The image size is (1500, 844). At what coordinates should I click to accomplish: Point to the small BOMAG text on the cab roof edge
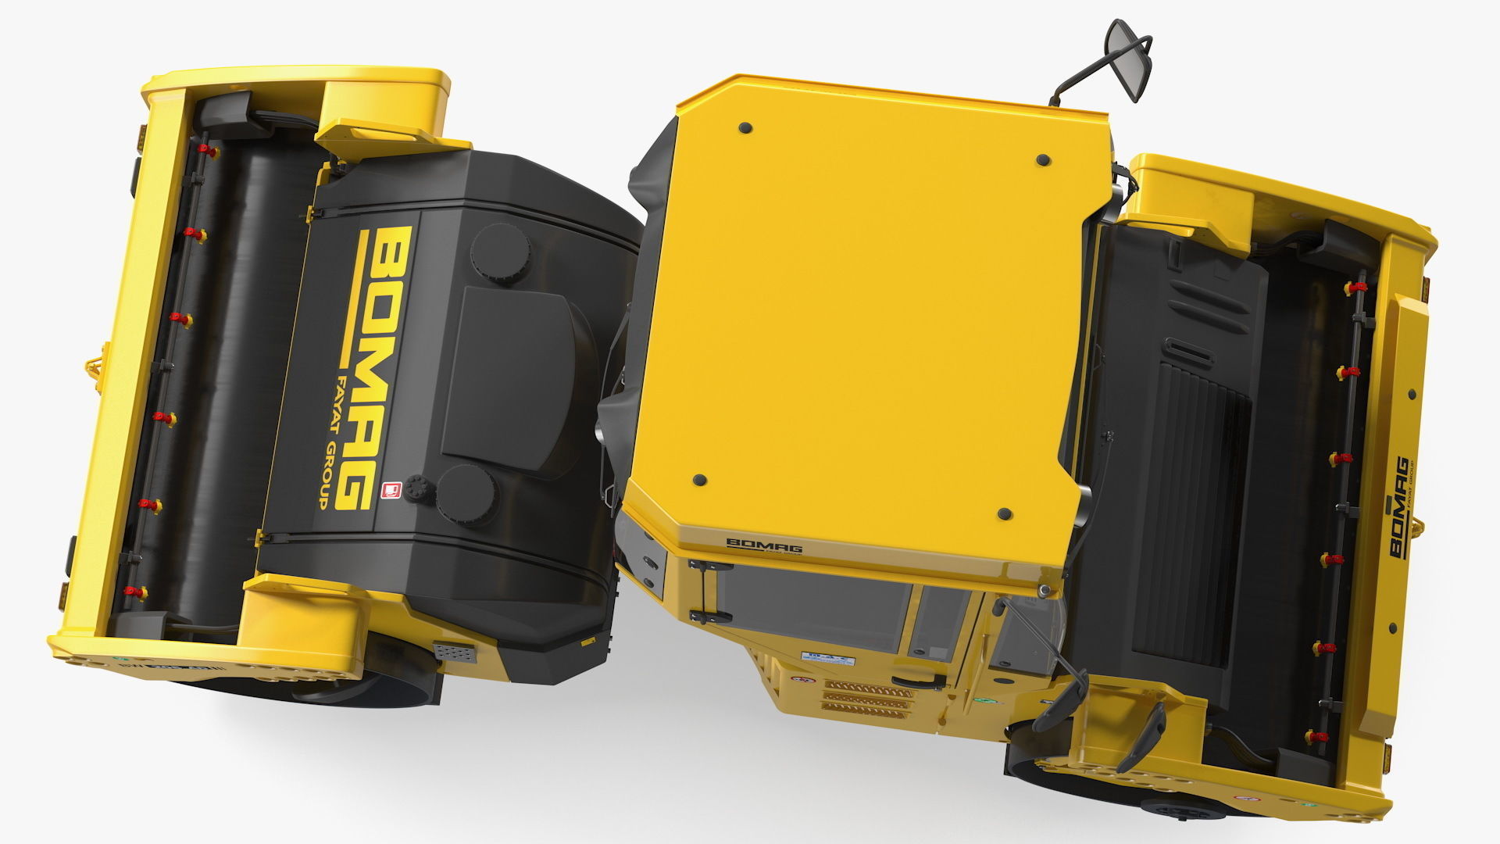coord(764,545)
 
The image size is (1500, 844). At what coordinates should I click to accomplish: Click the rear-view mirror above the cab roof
coord(1129,59)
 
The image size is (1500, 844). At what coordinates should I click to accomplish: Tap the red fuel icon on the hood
coord(389,490)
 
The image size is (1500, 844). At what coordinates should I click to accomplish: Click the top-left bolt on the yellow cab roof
coord(745,127)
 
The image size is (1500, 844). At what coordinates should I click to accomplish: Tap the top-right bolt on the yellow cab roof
coord(1042,160)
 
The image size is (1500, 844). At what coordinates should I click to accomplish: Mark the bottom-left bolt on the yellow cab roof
coord(699,479)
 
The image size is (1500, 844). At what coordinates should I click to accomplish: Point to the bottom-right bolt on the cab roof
coord(1005,514)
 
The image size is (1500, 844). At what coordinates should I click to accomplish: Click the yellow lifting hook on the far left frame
coord(94,367)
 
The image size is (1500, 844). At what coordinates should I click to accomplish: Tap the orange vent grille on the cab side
coord(867,697)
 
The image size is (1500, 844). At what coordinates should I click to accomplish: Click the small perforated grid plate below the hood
coord(455,652)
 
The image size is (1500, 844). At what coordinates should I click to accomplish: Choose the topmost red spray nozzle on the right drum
coord(1350,288)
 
